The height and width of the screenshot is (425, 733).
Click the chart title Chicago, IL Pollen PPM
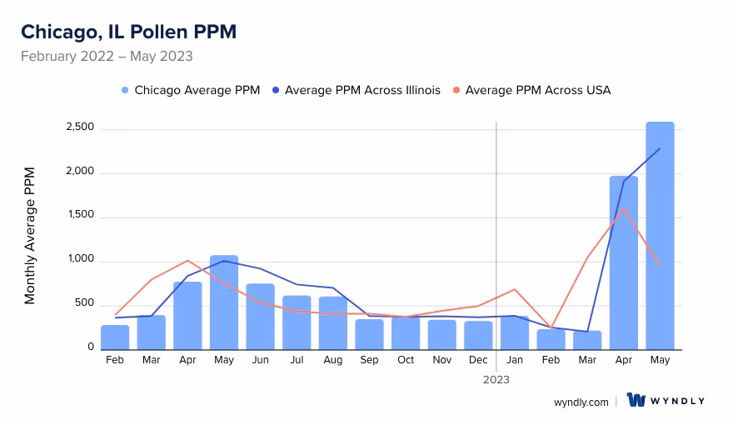tap(128, 32)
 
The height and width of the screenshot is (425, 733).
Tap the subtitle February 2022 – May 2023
tap(107, 57)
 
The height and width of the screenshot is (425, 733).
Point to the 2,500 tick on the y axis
tap(80, 129)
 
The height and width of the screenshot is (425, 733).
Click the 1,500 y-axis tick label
tap(80, 217)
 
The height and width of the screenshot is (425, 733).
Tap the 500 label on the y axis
tap(84, 304)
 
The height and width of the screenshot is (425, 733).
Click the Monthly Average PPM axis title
tap(30, 236)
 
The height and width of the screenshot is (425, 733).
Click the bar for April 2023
tap(623, 262)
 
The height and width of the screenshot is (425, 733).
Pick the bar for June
tap(260, 317)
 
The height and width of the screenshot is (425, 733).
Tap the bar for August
tap(333, 322)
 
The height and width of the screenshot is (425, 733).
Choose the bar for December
tap(478, 335)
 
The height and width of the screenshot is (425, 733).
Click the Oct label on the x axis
tap(406, 360)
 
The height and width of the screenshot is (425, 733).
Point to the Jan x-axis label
tap(515, 360)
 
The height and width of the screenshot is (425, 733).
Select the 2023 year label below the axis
tap(496, 379)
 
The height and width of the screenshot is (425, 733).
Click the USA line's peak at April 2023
tap(623, 207)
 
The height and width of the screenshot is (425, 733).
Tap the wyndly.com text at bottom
tap(581, 402)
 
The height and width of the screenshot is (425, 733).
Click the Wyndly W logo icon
tap(637, 400)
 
